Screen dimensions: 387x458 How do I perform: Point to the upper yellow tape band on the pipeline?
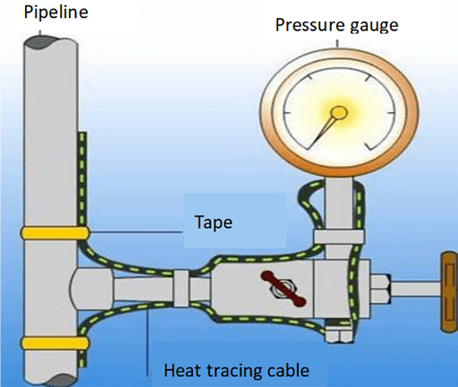[46, 233]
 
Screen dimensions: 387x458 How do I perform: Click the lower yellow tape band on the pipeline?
[46, 343]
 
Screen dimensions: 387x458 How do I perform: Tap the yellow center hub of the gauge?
[337, 114]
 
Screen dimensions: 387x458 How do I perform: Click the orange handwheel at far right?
[446, 290]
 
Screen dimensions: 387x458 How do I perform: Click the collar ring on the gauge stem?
[338, 237]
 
